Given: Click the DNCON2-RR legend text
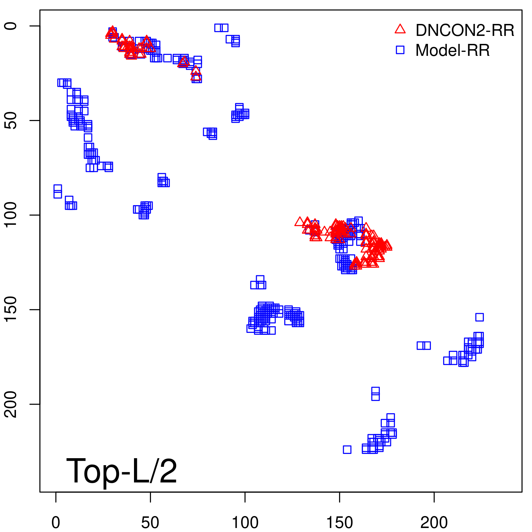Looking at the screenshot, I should pos(465,30).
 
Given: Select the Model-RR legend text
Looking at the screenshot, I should pos(452,51).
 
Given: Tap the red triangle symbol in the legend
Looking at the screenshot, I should pos(400,29).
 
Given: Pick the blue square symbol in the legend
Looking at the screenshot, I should pos(400,50).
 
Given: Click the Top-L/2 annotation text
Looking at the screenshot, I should pos(122,471).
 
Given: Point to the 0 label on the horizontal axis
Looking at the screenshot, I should pos(56,523).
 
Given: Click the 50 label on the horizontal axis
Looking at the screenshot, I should pos(150,523).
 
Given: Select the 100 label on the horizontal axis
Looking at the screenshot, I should pos(245,523).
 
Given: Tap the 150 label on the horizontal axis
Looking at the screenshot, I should pos(339,523).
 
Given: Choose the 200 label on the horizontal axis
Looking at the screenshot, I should pos(434,523).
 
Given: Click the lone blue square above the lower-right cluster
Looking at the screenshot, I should pos(479,317).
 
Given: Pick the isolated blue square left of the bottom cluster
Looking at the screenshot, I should pos(347,450).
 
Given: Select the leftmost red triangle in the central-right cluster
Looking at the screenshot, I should pos(299,222).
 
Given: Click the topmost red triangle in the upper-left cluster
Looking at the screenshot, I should pos(112,30).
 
